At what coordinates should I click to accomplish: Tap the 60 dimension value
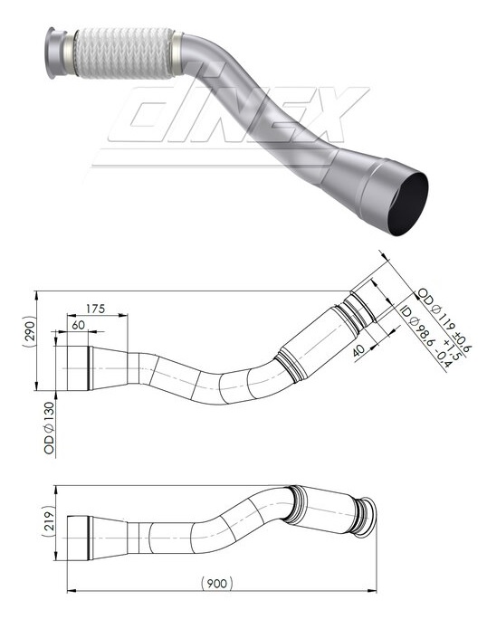(x=78, y=324)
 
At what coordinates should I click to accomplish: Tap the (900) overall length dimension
(x=215, y=585)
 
